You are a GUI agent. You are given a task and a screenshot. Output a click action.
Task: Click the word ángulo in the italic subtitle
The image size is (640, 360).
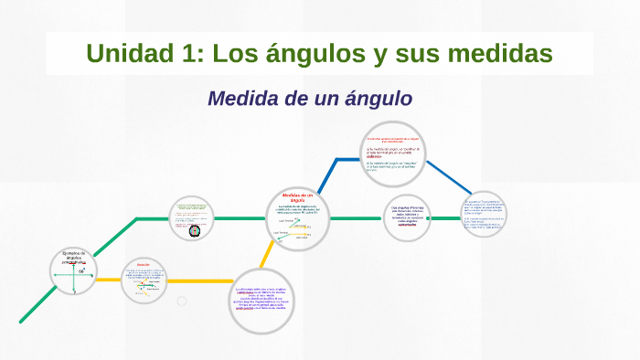pyautogui.click(x=375, y=98)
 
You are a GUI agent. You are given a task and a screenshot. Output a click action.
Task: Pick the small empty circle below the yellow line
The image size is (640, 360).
pyautogui.click(x=182, y=301)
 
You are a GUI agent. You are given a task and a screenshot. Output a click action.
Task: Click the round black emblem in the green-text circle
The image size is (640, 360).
pyautogui.click(x=193, y=230)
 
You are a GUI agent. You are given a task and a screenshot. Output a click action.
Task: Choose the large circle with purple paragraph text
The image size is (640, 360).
pyautogui.click(x=261, y=301)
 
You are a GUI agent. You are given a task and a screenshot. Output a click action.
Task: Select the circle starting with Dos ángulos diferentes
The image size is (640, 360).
pyautogui.click(x=408, y=218)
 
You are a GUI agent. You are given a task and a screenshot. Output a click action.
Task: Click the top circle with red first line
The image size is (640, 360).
pyautogui.click(x=390, y=151)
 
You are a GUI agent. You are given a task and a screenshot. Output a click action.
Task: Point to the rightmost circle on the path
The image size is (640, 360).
pyautogui.click(x=483, y=214)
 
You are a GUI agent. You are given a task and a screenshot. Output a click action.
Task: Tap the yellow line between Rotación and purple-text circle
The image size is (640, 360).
pyautogui.click(x=201, y=280)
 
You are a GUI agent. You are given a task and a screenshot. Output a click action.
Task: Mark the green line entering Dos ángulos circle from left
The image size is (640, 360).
pyautogui.click(x=357, y=218)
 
